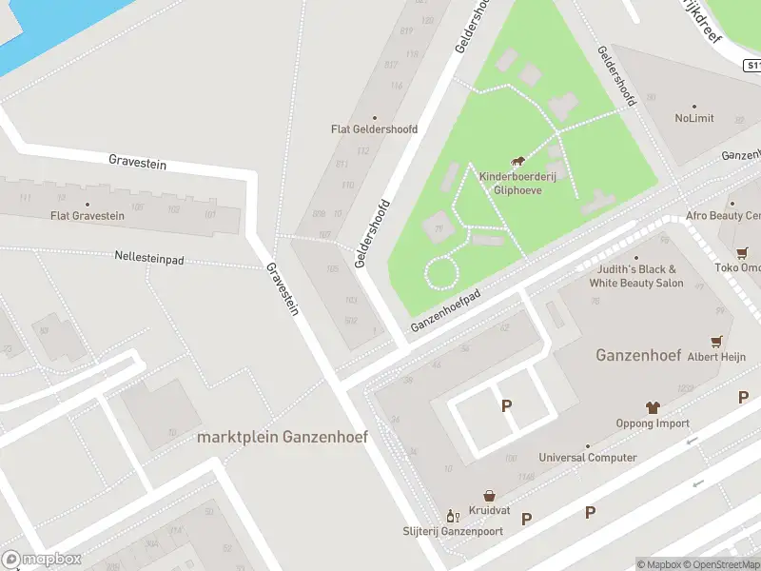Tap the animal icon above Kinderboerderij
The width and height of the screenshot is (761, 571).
coord(518,162)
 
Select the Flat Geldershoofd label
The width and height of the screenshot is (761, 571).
coord(374,128)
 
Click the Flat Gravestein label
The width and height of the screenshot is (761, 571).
coord(88,216)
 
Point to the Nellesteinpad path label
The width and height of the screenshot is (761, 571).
coord(148,257)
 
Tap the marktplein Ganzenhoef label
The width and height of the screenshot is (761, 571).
coord(282,437)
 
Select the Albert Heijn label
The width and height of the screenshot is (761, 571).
coord(716,357)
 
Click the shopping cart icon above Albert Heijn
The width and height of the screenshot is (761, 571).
coord(716,341)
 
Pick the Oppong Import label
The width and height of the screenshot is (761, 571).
coord(653,423)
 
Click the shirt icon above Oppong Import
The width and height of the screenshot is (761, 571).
coord(653,407)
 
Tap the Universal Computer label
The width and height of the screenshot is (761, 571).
coord(588,458)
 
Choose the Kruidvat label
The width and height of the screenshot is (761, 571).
coord(489,511)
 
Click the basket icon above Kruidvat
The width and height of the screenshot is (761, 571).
coord(489,496)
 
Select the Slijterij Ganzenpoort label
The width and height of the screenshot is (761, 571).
coord(453,530)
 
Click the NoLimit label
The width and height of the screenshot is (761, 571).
coord(694,118)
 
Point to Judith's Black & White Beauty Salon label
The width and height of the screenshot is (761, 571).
coord(636,276)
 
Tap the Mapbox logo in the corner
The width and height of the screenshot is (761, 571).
coord(42,560)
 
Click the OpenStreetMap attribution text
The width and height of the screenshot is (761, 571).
coord(722,564)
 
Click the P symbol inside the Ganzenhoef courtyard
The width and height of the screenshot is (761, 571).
coord(506,405)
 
